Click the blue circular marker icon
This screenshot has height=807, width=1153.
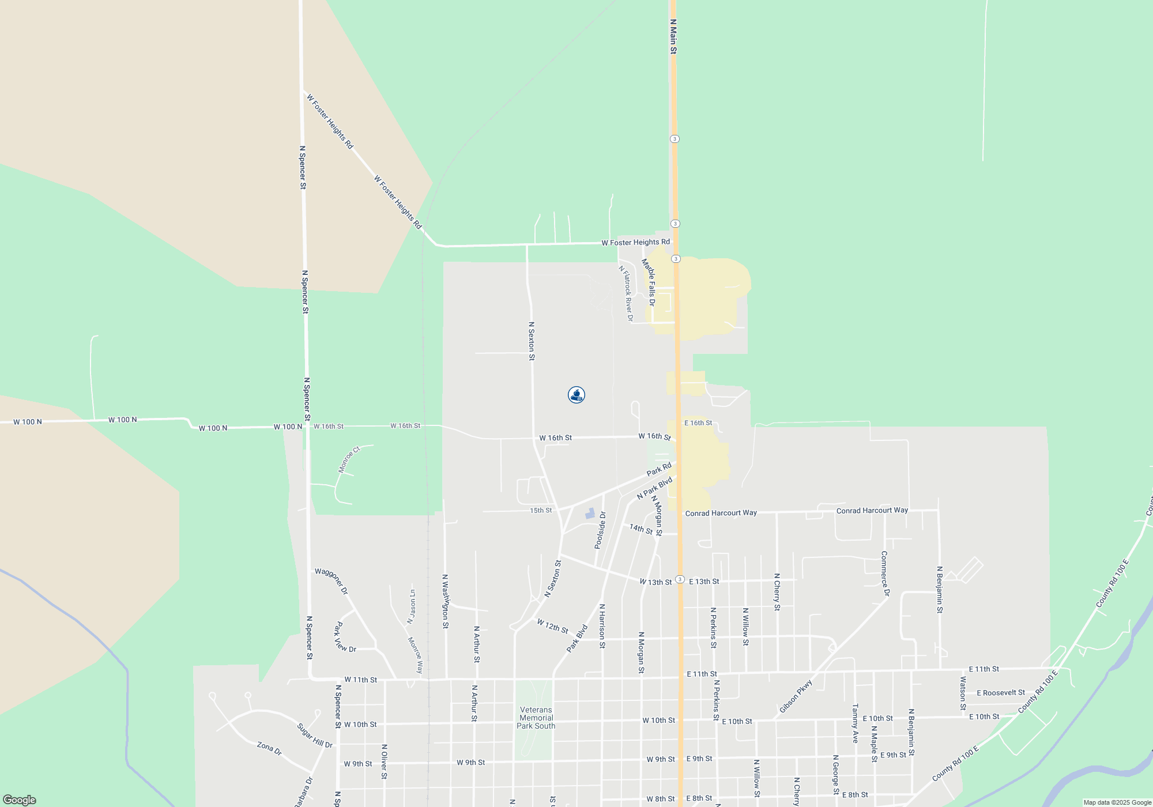coord(576,395)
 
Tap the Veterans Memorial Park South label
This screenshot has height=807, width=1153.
coord(536,718)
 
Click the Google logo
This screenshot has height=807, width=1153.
coord(20,800)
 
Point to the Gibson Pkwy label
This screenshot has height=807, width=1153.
coord(796,696)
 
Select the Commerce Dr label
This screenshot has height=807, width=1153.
coord(885,574)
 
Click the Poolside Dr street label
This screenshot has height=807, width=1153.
coord(600,530)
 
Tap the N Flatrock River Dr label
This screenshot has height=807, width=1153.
coord(626,293)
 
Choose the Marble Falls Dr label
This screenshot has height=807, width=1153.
coord(649,282)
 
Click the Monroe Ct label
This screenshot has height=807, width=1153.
coord(349,459)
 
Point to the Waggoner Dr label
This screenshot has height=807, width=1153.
coord(331,581)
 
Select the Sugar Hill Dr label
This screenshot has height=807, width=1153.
coord(315,736)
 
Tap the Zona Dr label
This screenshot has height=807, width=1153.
coord(269,748)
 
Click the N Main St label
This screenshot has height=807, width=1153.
coord(673,36)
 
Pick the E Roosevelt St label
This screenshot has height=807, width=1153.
coord(1001,693)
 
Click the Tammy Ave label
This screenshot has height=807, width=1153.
coord(856,723)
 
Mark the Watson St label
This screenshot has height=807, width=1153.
coord(963,693)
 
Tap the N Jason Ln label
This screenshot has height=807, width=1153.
coord(411,606)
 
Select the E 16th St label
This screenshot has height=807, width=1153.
coord(698,423)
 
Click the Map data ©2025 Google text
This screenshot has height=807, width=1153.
coord(1117,802)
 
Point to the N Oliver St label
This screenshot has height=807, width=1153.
coord(384,761)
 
